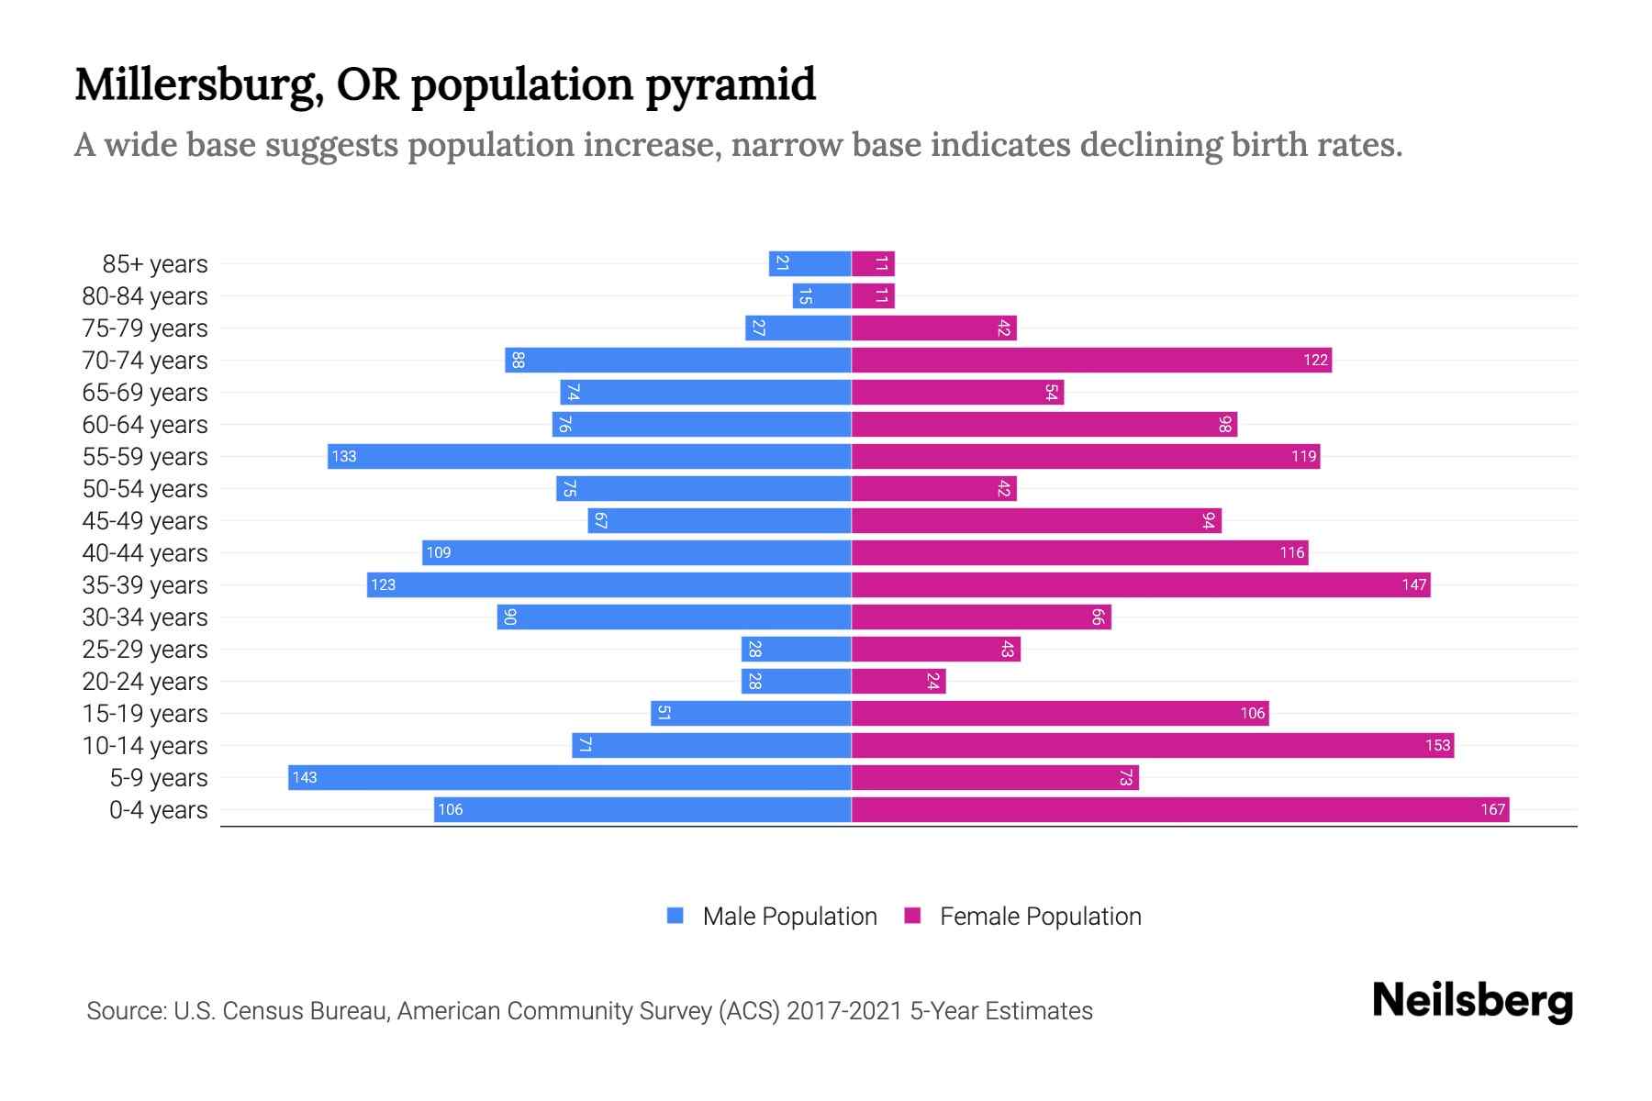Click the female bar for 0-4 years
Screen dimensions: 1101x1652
(x=1179, y=809)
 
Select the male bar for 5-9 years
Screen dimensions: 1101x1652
(x=569, y=777)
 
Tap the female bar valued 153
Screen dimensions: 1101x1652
(x=1152, y=745)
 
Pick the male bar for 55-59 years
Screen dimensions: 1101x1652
(x=589, y=456)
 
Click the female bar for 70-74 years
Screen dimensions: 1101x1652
(x=1091, y=360)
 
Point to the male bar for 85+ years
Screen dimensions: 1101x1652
(x=809, y=263)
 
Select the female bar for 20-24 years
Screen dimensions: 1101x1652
(x=898, y=681)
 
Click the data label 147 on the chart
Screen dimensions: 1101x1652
(x=1413, y=584)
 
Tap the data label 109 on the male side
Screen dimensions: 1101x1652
(x=439, y=552)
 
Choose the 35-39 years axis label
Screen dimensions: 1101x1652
(x=145, y=584)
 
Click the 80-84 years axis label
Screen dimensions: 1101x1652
(x=145, y=295)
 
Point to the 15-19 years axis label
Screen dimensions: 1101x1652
(x=145, y=713)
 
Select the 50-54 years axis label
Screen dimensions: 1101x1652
(x=145, y=488)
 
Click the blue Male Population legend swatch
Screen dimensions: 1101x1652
(x=675, y=916)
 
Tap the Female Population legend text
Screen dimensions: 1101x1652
(x=1040, y=916)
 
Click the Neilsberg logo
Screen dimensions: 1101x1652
(x=1472, y=1001)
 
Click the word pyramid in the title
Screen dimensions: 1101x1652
(x=730, y=84)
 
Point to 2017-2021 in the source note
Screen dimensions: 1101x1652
(x=844, y=1010)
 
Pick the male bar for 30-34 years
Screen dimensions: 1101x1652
(x=674, y=617)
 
